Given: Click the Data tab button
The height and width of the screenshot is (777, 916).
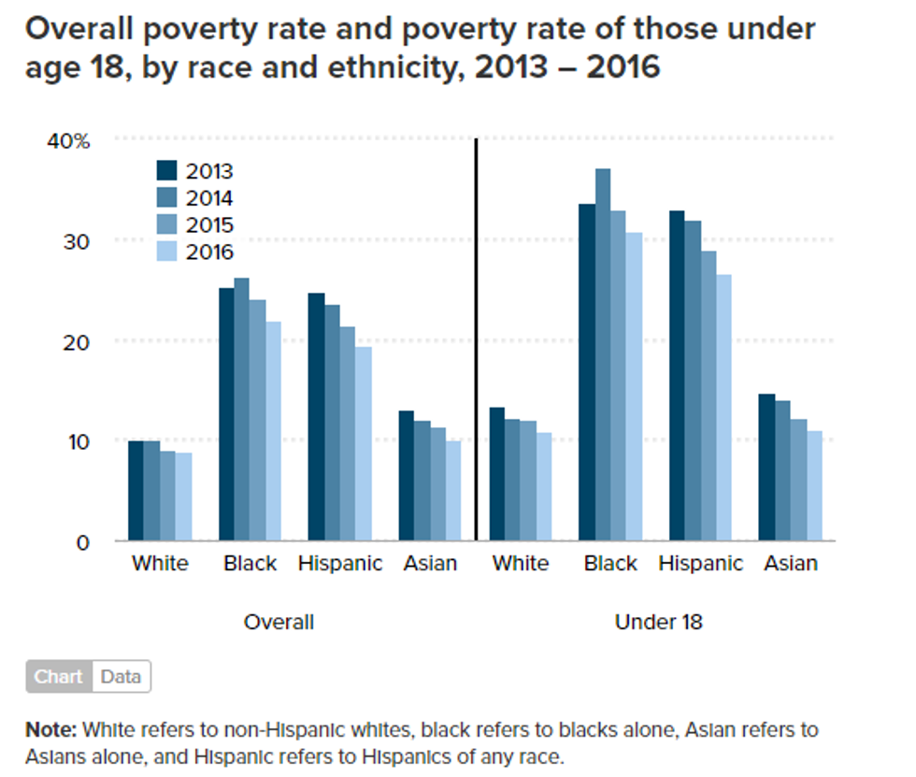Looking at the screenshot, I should (x=121, y=677).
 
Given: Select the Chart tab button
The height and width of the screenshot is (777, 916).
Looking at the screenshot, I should (x=60, y=677).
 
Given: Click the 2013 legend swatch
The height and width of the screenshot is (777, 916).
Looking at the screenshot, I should (x=166, y=170).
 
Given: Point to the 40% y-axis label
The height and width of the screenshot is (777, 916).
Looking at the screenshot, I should (x=69, y=141).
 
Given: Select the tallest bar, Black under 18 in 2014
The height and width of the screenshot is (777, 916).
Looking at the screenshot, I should (x=603, y=354).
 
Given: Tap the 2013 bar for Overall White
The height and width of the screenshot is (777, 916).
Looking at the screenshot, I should (x=136, y=491).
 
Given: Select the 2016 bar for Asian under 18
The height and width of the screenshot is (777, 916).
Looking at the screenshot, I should (x=813, y=485).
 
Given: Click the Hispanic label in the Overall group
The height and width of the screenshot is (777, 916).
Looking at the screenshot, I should (x=340, y=564).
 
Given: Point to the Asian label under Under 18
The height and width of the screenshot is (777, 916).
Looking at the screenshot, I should (x=791, y=564).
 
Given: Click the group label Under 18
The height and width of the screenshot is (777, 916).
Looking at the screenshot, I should (x=658, y=622).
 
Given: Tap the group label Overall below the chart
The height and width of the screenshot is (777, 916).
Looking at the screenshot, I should (x=279, y=622).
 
